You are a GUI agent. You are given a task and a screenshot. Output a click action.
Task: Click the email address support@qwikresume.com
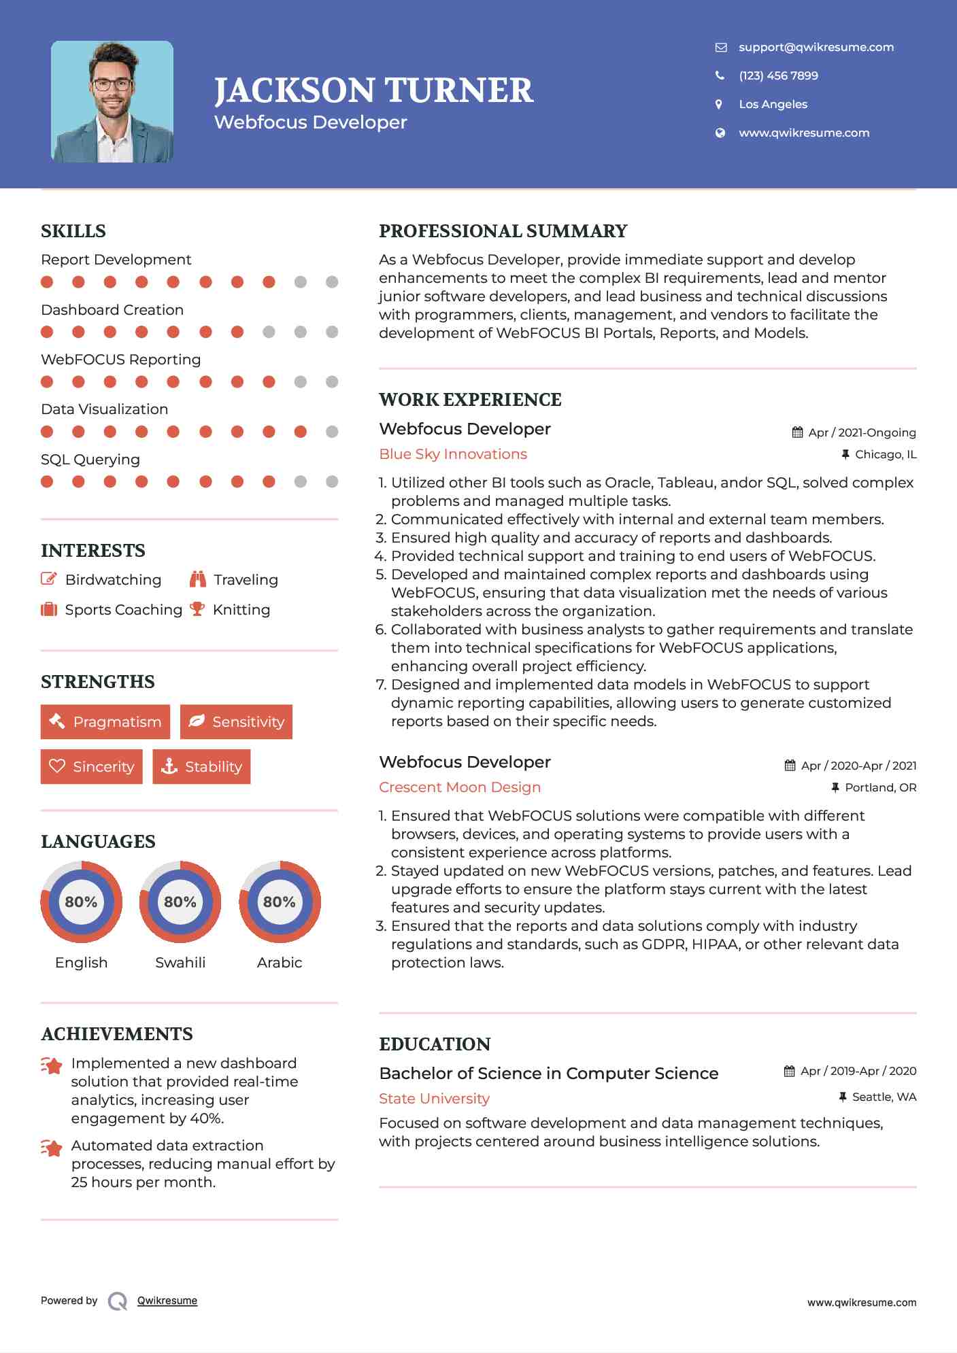(x=816, y=47)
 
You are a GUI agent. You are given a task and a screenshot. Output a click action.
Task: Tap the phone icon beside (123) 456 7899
(x=720, y=75)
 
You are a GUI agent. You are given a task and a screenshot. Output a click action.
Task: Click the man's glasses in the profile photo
(x=112, y=85)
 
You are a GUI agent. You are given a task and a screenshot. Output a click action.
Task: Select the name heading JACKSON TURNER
(x=373, y=90)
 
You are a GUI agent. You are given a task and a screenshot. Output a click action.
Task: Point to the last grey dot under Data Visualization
(x=332, y=432)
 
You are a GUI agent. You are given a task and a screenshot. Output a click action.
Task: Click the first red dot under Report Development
(x=47, y=282)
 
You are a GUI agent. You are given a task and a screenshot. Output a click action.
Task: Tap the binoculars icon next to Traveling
(x=198, y=579)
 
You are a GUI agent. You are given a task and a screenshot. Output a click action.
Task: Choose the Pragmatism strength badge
(x=105, y=722)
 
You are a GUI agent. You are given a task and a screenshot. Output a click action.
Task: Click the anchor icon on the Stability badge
(x=169, y=766)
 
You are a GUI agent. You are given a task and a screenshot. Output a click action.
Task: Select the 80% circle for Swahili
(x=180, y=902)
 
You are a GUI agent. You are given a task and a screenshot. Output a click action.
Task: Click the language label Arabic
(x=280, y=962)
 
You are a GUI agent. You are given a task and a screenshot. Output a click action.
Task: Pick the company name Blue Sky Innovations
(x=453, y=454)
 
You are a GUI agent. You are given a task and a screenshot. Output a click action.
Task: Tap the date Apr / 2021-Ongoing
(x=862, y=432)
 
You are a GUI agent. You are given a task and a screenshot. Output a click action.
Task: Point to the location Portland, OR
(x=880, y=787)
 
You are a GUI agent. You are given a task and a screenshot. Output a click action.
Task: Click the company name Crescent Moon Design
(x=460, y=787)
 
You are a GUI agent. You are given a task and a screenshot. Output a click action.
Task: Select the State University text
(x=434, y=1099)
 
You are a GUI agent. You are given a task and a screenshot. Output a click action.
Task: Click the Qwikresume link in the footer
(x=167, y=1301)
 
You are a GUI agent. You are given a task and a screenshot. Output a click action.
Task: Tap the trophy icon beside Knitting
(x=197, y=609)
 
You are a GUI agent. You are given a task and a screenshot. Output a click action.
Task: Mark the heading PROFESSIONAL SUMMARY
(x=503, y=231)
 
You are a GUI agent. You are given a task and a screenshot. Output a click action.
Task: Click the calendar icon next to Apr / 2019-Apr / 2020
(x=789, y=1072)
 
